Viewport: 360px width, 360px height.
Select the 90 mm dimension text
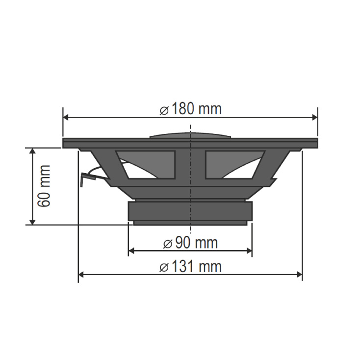(x=190, y=243)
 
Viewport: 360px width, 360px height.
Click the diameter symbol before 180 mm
(x=164, y=110)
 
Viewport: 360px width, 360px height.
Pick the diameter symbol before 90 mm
(x=166, y=243)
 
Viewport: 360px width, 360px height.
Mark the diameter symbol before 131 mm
(x=164, y=267)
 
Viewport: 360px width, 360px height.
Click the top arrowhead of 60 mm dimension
(x=33, y=152)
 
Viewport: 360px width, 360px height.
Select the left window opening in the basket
(x=147, y=164)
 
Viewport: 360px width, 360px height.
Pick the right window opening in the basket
(x=233, y=164)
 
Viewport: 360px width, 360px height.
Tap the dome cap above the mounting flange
(x=190, y=134)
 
